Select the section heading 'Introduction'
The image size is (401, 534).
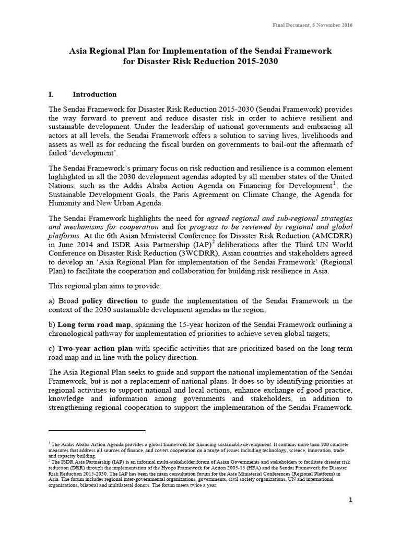coord(95,95)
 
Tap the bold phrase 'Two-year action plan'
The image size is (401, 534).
coord(95,348)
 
